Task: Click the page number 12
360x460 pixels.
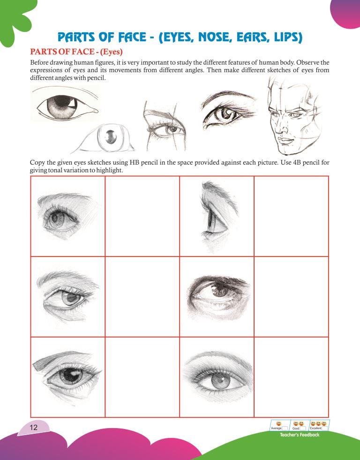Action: [x=33, y=427]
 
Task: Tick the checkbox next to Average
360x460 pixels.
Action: [x=285, y=428]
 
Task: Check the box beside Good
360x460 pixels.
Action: [x=303, y=428]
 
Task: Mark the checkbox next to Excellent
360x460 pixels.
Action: [x=325, y=428]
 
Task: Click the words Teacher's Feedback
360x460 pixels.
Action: [x=300, y=435]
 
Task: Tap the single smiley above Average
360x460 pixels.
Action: [x=279, y=423]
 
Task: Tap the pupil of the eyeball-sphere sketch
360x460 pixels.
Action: [x=111, y=136]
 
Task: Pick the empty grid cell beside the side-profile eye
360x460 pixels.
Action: [x=292, y=216]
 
